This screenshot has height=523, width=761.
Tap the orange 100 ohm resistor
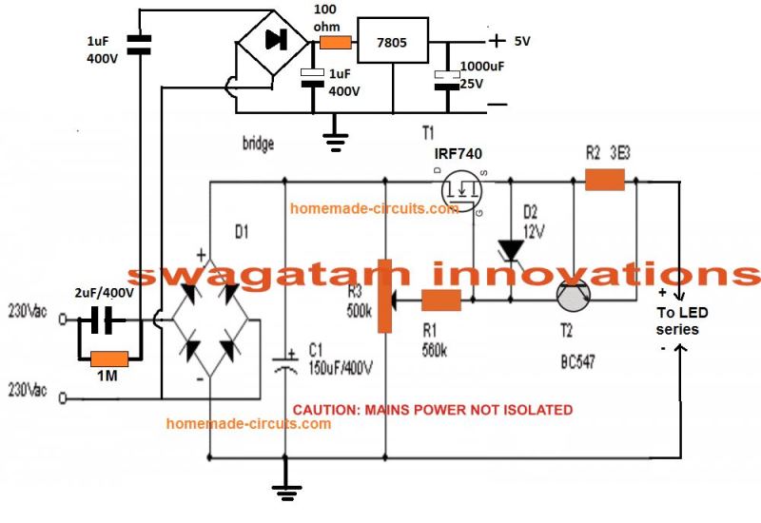tap(335, 42)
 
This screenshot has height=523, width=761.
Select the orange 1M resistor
tap(107, 359)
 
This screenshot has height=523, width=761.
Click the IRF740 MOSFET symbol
tap(460, 189)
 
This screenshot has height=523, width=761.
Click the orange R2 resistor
tap(604, 179)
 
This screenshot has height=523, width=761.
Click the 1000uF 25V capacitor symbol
tap(442, 80)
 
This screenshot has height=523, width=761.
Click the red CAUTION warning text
tap(432, 410)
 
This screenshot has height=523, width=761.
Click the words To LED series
tap(677, 320)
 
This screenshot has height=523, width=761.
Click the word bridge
tap(257, 144)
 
